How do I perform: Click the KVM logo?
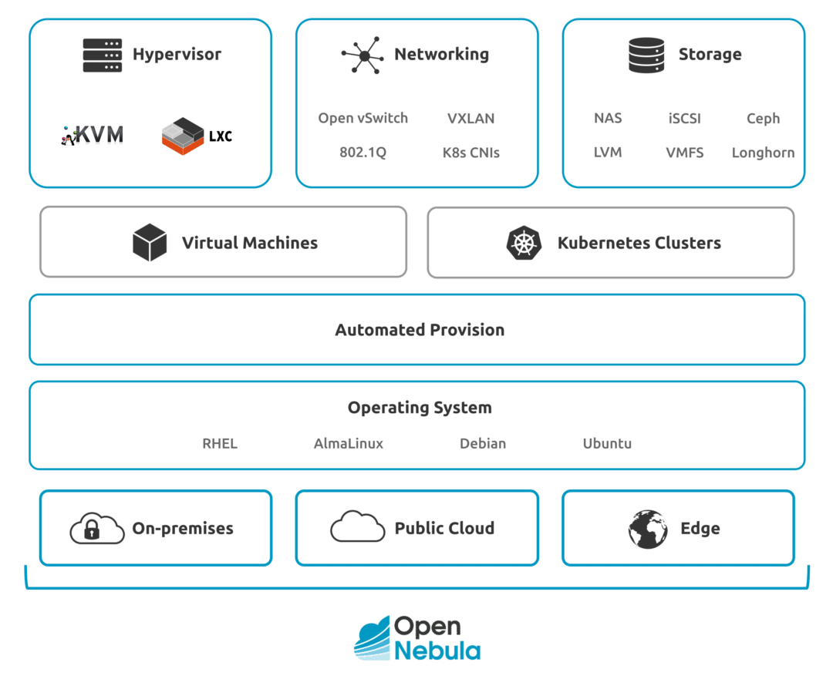coord(93,135)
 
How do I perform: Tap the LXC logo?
coord(197,136)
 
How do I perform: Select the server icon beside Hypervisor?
coord(103,55)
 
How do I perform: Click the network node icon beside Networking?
coord(362,55)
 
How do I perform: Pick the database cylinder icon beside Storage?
coord(646,55)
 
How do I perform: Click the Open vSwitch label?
coord(363,118)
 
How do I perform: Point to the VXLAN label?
coord(470,119)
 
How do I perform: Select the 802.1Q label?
coord(363,153)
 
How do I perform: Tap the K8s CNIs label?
coord(470,153)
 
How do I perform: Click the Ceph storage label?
coord(763,119)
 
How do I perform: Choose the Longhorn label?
coord(763,153)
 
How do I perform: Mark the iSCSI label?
coord(685,119)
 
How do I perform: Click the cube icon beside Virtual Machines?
coord(150,243)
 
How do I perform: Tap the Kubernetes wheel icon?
coord(524,243)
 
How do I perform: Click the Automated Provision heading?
coord(420,330)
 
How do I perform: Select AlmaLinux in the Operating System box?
coord(348,443)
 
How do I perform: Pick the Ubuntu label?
coord(607,443)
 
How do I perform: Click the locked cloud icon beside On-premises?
coord(97,529)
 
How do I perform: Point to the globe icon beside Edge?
coord(647,529)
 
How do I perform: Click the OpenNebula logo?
coord(417,638)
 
